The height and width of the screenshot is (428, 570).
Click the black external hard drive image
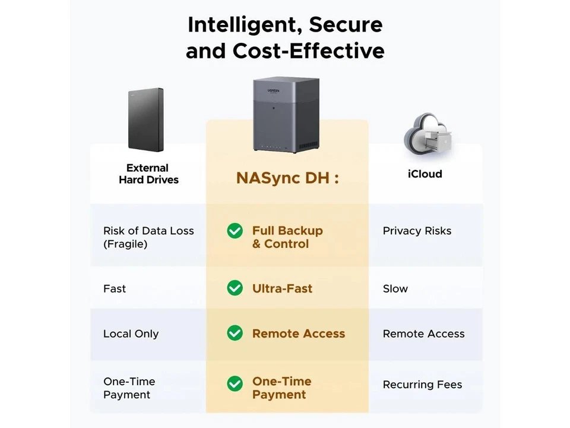point(145,119)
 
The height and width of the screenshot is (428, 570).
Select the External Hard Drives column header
point(148,174)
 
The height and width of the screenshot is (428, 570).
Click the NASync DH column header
point(287,178)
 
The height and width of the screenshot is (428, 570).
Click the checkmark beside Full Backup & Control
point(235,231)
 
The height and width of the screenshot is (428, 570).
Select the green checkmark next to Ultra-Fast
point(235,288)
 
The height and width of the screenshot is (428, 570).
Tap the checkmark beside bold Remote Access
point(235,333)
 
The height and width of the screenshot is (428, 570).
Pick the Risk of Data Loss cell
point(148,237)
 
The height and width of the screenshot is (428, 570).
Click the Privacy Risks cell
point(417,231)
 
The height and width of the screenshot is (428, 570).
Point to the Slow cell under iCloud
point(395,289)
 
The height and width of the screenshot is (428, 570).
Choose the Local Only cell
point(131,334)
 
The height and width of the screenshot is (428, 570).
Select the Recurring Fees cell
point(422,385)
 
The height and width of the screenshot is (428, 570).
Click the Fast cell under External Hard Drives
point(115,289)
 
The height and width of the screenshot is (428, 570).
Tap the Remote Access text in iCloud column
point(423,334)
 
